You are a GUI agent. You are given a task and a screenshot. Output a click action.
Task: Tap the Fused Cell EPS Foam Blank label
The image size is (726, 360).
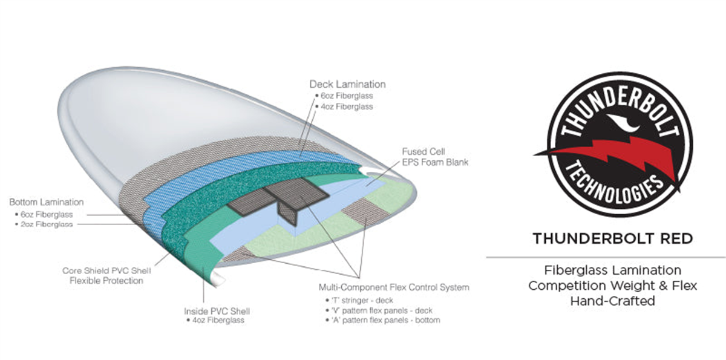click(x=435, y=156)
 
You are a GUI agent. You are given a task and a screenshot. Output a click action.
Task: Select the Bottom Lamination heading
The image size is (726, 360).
click(x=47, y=201)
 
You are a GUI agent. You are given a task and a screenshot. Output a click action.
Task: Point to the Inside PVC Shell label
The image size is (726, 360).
click(x=217, y=311)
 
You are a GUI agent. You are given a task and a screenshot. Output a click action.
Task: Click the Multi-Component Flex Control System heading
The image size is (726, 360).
click(x=393, y=287)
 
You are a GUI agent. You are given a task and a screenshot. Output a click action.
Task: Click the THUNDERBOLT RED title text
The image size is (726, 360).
click(x=612, y=238)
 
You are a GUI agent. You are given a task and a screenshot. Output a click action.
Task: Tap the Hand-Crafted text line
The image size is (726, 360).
click(x=612, y=300)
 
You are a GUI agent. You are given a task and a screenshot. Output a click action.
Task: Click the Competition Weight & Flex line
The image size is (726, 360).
click(x=612, y=285)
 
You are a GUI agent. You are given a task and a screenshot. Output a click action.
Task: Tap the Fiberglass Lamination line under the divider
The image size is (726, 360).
click(x=612, y=270)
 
